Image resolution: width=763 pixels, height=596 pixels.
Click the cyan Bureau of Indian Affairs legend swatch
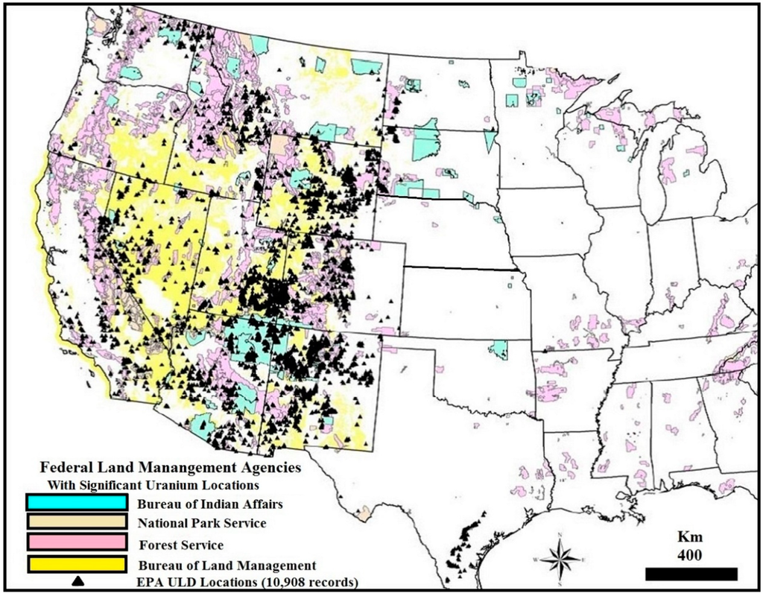pyautogui.click(x=75, y=502)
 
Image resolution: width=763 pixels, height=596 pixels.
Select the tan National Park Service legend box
pyautogui.click(x=75, y=521)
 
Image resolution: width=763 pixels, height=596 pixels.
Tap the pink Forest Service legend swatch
pyautogui.click(x=75, y=542)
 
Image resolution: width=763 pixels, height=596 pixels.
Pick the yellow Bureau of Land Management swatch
pyautogui.click(x=75, y=564)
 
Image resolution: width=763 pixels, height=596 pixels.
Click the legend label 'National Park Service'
pyautogui.click(x=202, y=524)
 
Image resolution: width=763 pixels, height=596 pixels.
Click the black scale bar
pyautogui.click(x=691, y=574)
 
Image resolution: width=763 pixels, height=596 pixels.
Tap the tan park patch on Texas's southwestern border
pyautogui.click(x=363, y=514)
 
